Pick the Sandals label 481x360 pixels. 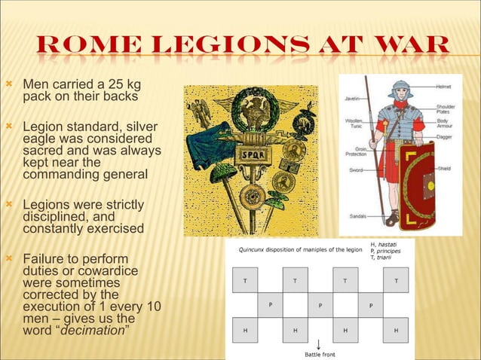click(x=357, y=216)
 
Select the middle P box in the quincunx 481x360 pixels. click(x=320, y=305)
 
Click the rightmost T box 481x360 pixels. click(x=396, y=279)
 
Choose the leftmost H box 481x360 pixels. click(x=244, y=330)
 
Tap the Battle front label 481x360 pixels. click(x=320, y=354)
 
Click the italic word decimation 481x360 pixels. click(x=93, y=331)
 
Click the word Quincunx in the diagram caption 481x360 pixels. click(x=256, y=249)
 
